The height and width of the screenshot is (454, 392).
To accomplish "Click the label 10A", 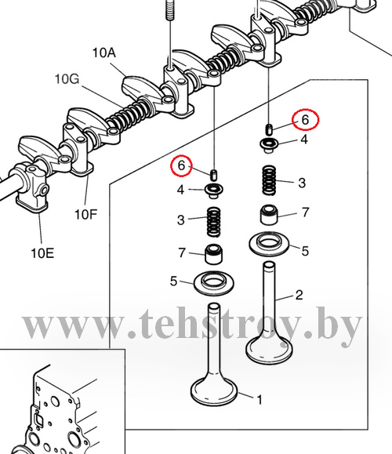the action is click(x=104, y=53).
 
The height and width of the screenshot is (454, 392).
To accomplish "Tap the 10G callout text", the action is click(x=67, y=79).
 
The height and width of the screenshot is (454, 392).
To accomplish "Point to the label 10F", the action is click(x=85, y=215).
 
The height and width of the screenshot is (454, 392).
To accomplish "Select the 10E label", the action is click(x=42, y=253).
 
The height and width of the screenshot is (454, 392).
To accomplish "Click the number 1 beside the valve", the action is click(x=260, y=400).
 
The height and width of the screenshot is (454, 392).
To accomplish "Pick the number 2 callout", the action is click(x=299, y=295).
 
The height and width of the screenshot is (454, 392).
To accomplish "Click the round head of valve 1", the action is click(x=214, y=391).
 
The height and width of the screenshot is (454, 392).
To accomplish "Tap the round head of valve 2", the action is click(x=269, y=350).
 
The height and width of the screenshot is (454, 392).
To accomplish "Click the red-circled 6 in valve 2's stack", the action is click(x=305, y=120).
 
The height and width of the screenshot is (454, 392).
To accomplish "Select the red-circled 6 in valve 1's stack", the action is click(x=181, y=165).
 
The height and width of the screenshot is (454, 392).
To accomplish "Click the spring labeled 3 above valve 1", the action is click(x=214, y=222).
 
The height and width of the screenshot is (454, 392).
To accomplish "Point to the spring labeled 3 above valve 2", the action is click(x=269, y=180).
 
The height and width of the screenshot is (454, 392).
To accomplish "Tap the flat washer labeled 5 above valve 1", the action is click(x=214, y=283).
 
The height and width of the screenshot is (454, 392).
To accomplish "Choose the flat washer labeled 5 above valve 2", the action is click(x=269, y=244).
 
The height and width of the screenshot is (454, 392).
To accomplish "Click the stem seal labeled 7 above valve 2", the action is click(x=270, y=215).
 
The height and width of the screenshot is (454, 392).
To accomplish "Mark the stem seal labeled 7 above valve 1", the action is click(x=214, y=255).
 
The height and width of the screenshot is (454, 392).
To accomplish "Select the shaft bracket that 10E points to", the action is click(x=32, y=188).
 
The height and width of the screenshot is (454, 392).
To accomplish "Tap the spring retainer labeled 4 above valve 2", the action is click(x=269, y=145).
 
